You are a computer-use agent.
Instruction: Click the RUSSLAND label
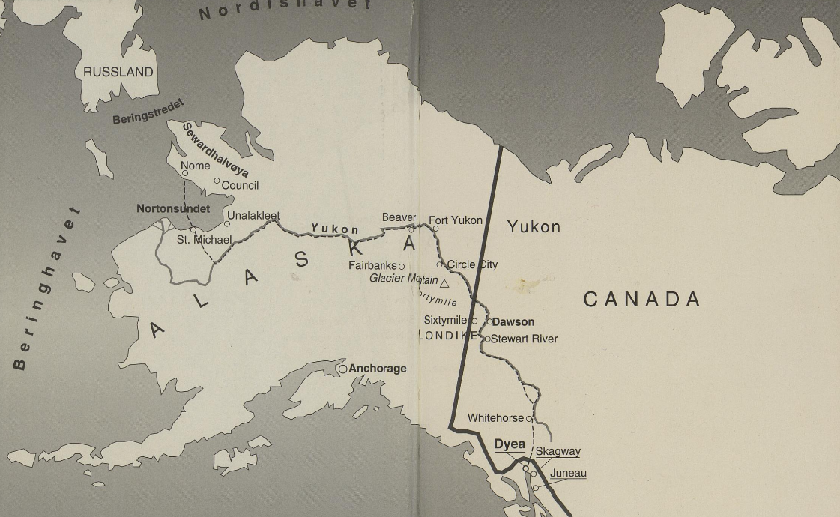(x=118, y=73)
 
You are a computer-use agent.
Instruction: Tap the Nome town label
(x=196, y=166)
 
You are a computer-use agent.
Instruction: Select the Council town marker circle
(x=217, y=181)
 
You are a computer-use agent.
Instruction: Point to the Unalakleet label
(x=253, y=216)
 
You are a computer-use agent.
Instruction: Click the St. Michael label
(x=204, y=240)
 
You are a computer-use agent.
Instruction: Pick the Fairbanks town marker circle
(x=402, y=266)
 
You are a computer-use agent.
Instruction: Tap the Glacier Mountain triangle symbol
(x=444, y=283)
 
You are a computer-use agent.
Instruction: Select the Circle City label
(x=472, y=264)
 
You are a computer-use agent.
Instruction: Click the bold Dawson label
(x=513, y=322)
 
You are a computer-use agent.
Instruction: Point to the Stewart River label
(x=524, y=339)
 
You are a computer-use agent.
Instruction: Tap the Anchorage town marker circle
(x=342, y=369)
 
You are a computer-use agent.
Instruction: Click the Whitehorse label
(x=495, y=417)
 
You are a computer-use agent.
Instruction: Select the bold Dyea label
(x=510, y=444)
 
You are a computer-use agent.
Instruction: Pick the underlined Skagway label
(x=558, y=452)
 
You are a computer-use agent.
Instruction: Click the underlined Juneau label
(x=568, y=474)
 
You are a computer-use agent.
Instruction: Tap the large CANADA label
(x=642, y=300)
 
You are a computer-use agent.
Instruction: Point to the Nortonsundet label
(x=173, y=209)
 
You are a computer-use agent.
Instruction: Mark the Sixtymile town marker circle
(x=474, y=321)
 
